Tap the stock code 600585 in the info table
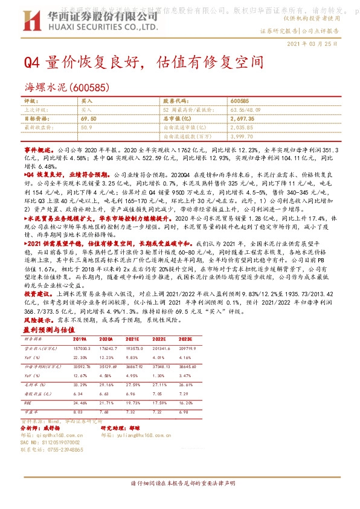[x=240, y=100]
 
